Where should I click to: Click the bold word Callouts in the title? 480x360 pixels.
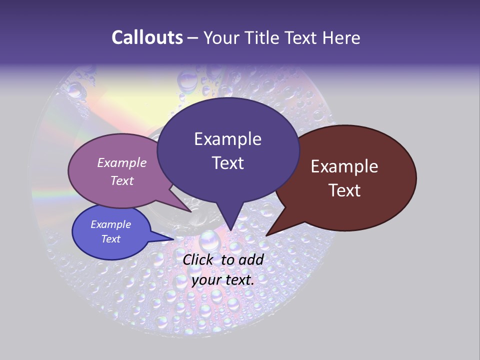pyautogui.click(x=147, y=37)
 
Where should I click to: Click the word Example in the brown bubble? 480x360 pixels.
pyautogui.click(x=344, y=166)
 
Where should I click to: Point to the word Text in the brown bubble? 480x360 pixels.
pyautogui.click(x=344, y=190)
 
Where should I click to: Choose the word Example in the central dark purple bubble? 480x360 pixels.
pyautogui.click(x=227, y=139)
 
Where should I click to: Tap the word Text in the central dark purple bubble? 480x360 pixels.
pyautogui.click(x=227, y=163)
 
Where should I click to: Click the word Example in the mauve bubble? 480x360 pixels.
pyautogui.click(x=122, y=163)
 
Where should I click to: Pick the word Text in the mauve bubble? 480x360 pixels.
pyautogui.click(x=122, y=180)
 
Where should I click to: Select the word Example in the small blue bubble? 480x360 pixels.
pyautogui.click(x=111, y=224)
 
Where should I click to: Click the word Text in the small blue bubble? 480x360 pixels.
pyautogui.click(x=111, y=239)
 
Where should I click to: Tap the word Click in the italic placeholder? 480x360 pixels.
pyautogui.click(x=199, y=259)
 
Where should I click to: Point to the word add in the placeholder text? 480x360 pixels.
pyautogui.click(x=251, y=259)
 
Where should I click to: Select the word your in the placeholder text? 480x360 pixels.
pyautogui.click(x=206, y=280)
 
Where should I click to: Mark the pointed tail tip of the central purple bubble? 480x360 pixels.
pyautogui.click(x=230, y=230)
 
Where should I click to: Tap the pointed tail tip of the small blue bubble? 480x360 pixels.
pyautogui.click(x=174, y=239)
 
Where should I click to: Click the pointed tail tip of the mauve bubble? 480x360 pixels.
pyautogui.click(x=191, y=212)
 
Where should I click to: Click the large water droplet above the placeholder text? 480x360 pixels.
pyautogui.click(x=209, y=241)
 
